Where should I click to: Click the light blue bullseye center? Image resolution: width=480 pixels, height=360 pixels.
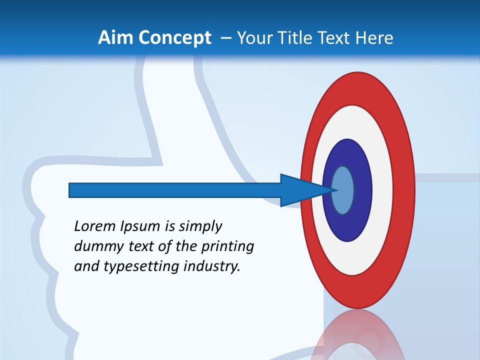(343, 190)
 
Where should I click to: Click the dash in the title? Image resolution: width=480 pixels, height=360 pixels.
(225, 37)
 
